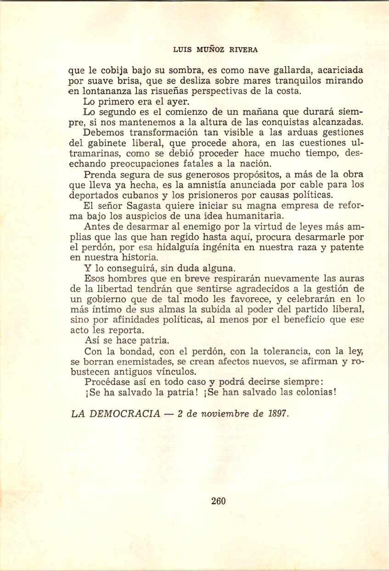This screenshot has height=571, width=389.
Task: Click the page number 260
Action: (x=218, y=501)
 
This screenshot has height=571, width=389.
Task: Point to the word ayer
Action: (x=175, y=101)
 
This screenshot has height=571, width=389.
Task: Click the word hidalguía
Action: (x=182, y=247)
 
